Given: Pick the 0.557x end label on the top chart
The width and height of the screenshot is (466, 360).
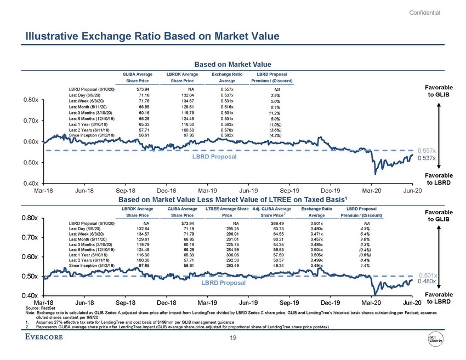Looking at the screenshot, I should point(427,150).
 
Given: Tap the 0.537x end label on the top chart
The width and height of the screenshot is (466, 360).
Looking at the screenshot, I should point(427,158).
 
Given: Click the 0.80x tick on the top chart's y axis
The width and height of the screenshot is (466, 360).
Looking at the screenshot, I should point(30,100).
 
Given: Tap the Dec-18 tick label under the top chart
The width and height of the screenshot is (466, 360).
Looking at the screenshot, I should point(166,190).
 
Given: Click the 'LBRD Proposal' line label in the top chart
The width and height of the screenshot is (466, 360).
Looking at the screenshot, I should point(215,157).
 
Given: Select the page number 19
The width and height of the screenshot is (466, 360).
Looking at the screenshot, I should point(233,339).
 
